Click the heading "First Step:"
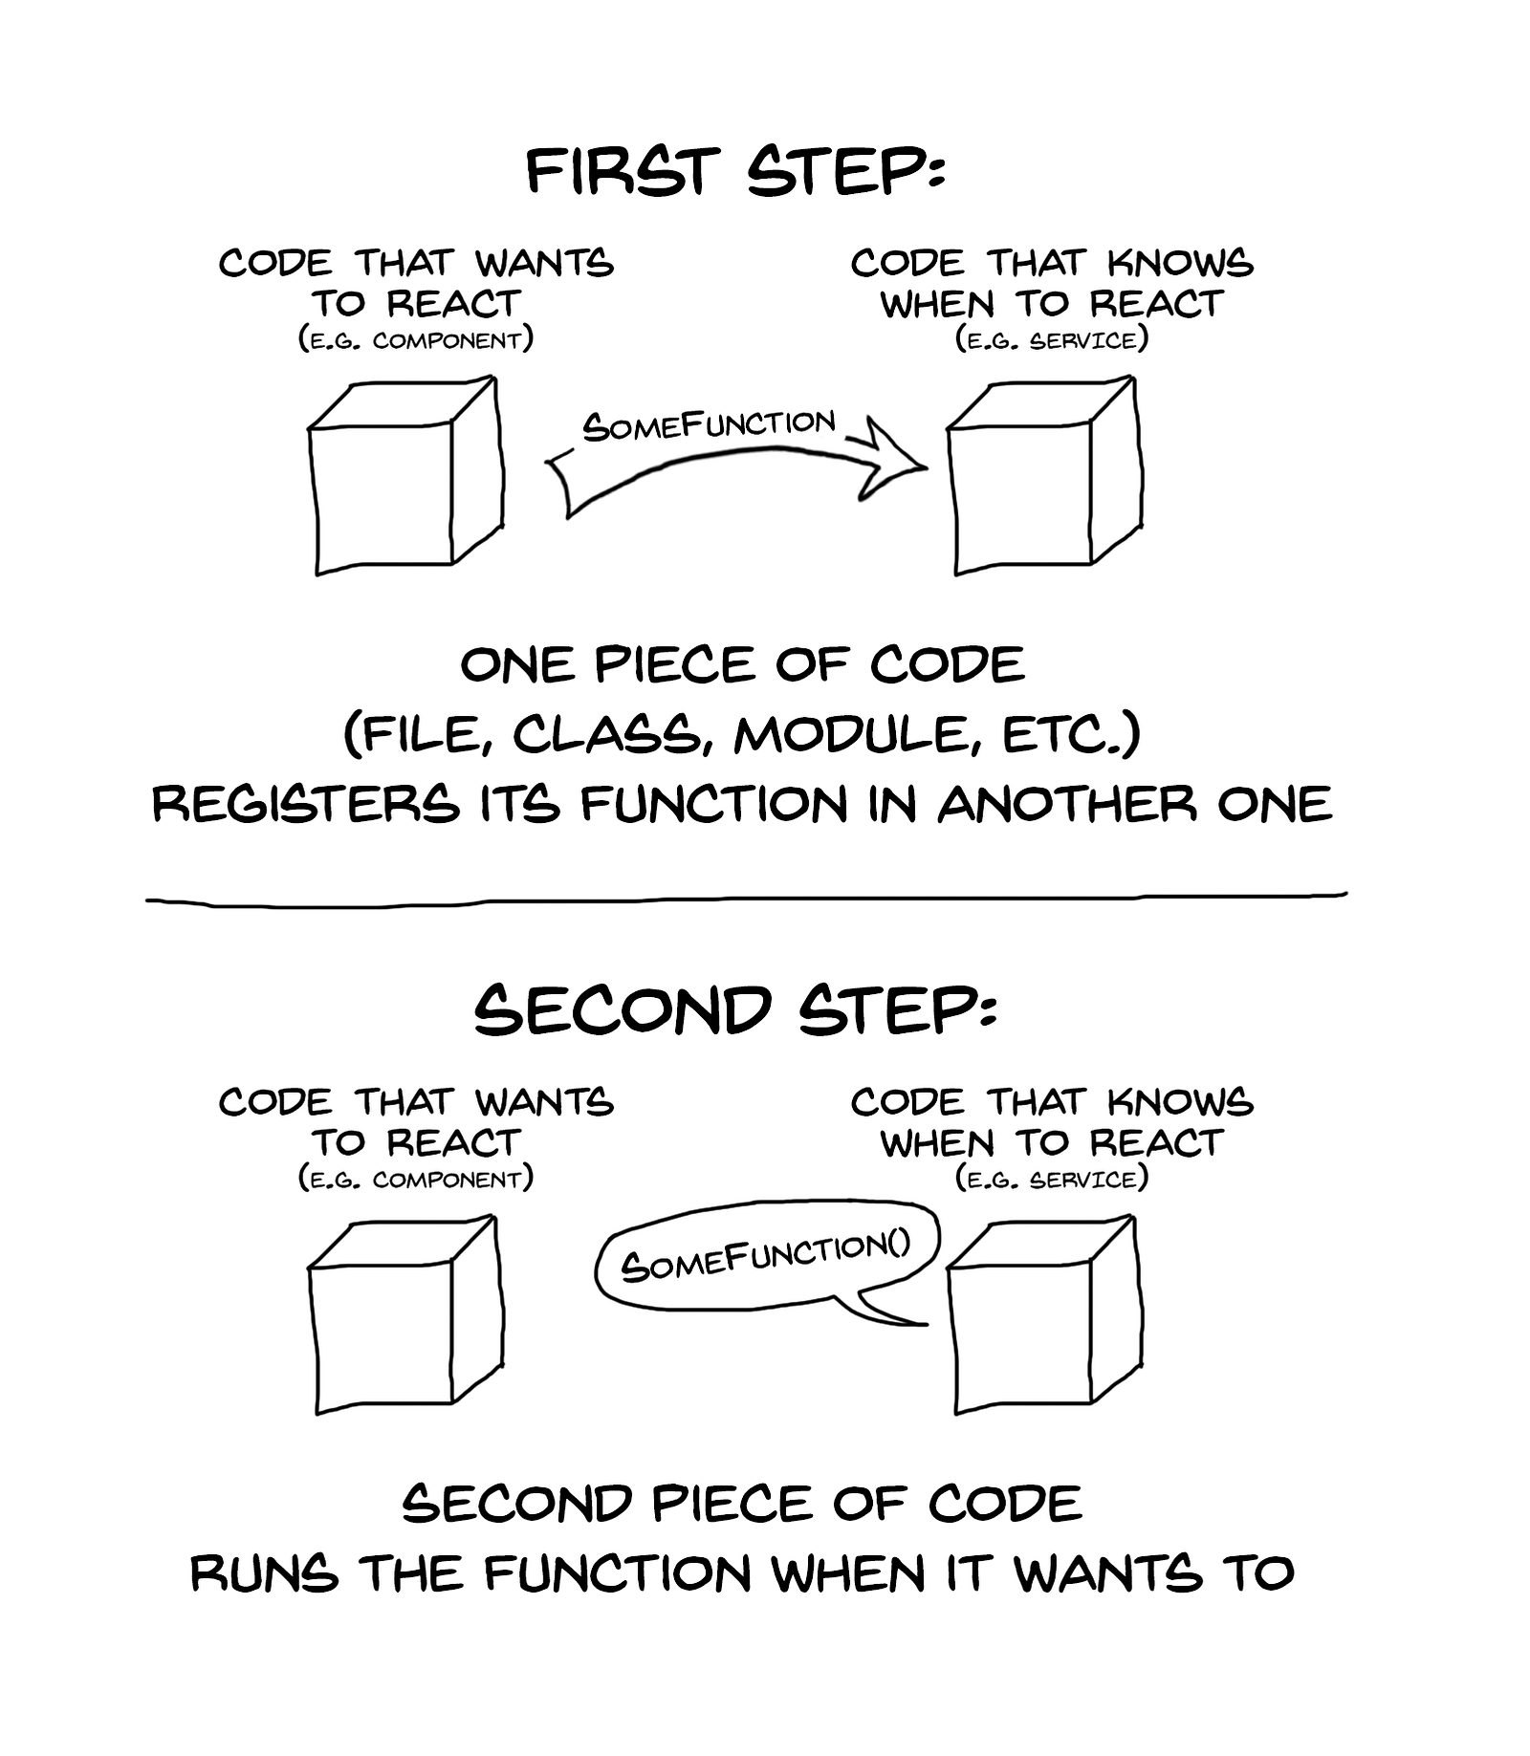tap(734, 173)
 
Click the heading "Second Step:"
tap(734, 1011)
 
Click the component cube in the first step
tap(405, 475)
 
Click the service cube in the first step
tap(1044, 475)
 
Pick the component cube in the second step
tap(405, 1314)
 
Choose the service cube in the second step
tap(1044, 1314)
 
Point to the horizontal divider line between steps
tap(746, 899)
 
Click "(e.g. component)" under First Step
tap(416, 340)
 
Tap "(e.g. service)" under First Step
tap(1052, 340)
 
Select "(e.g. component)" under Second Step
tap(416, 1180)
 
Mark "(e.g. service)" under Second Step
tap(1052, 1180)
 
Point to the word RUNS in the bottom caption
tap(264, 1573)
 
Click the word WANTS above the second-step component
tap(544, 1102)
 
